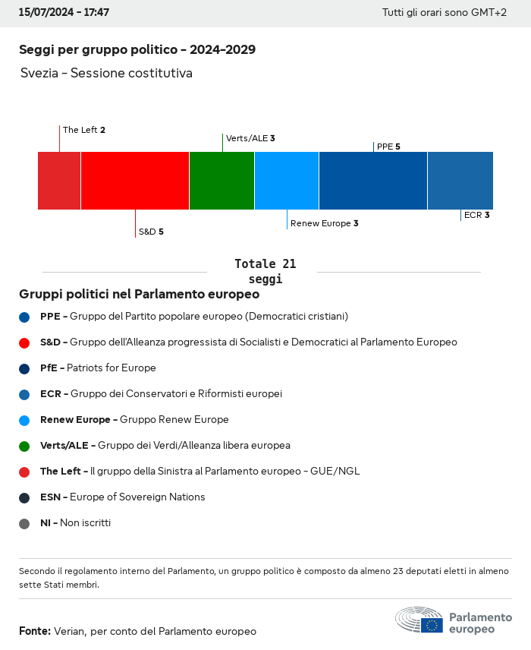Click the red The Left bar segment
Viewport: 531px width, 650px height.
(x=59, y=181)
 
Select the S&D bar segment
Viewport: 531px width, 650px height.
(x=135, y=181)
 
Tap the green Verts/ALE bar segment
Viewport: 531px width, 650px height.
(x=222, y=181)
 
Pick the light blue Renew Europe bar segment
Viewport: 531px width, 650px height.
(x=287, y=181)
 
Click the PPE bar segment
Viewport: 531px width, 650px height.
(x=373, y=181)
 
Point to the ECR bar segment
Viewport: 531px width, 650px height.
(x=460, y=181)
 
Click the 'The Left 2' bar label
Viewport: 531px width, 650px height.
(x=84, y=130)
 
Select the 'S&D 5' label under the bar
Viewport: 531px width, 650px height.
(x=151, y=232)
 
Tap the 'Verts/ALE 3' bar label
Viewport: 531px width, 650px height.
(x=250, y=138)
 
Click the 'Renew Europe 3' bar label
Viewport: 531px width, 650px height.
(x=324, y=223)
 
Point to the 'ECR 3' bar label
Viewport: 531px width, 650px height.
(x=476, y=215)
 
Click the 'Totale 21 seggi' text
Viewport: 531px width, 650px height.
(x=265, y=271)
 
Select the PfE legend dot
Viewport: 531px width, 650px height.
(x=24, y=368)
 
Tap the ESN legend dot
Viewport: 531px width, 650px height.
(x=24, y=497)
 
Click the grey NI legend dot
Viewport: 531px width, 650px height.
(x=24, y=523)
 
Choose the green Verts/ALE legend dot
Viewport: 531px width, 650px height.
(x=24, y=446)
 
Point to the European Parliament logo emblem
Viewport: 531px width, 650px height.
(x=419, y=620)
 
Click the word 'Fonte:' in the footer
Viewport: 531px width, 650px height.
(x=35, y=631)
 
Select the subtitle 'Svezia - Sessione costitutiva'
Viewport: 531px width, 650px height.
(x=106, y=73)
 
